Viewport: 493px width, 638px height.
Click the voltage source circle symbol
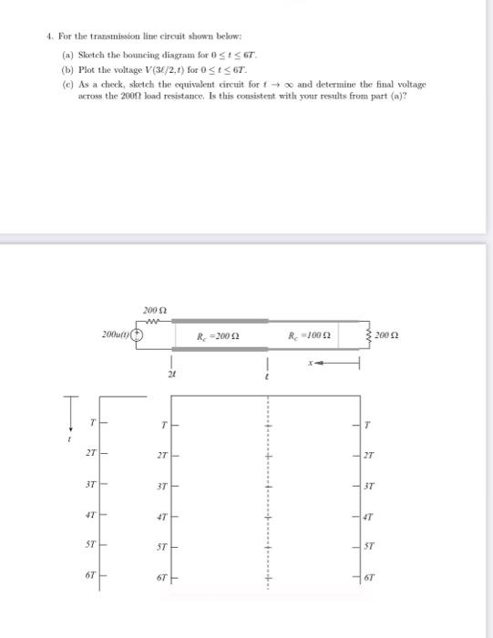(138, 334)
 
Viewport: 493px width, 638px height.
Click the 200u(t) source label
(117, 334)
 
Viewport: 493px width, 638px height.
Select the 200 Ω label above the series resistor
(152, 310)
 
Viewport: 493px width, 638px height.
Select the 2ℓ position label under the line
(170, 374)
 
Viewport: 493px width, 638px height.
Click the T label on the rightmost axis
(369, 425)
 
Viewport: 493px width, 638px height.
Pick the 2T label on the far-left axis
(88, 455)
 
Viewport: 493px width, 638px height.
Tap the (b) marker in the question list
(67, 68)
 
